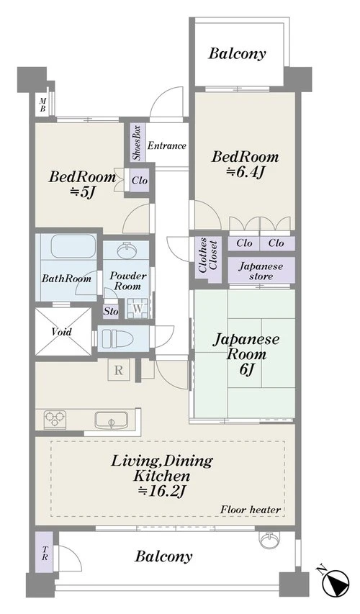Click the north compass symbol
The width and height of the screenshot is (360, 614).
click(336, 583)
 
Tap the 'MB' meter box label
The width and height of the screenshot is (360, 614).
click(42, 106)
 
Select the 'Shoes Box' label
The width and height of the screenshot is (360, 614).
click(137, 143)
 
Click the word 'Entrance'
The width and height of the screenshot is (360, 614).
click(166, 145)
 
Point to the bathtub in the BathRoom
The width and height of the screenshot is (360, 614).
click(73, 246)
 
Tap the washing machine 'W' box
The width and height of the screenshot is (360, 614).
click(137, 309)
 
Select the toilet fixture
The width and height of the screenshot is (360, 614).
click(117, 338)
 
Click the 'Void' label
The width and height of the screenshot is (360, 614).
click(61, 332)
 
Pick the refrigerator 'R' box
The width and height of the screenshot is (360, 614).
click(119, 370)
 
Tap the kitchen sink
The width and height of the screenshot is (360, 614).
click(111, 420)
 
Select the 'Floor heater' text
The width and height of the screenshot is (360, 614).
click(251, 510)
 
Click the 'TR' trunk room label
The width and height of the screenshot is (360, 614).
click(45, 553)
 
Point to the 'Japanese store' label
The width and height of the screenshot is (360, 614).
click(261, 271)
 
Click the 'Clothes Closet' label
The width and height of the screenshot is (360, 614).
click(208, 255)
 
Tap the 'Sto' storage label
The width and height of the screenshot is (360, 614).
click(111, 312)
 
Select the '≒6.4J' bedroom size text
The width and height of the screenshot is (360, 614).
click(244, 172)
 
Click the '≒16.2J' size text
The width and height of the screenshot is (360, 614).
click(161, 491)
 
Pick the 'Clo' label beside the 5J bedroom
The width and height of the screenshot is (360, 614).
click(140, 180)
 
